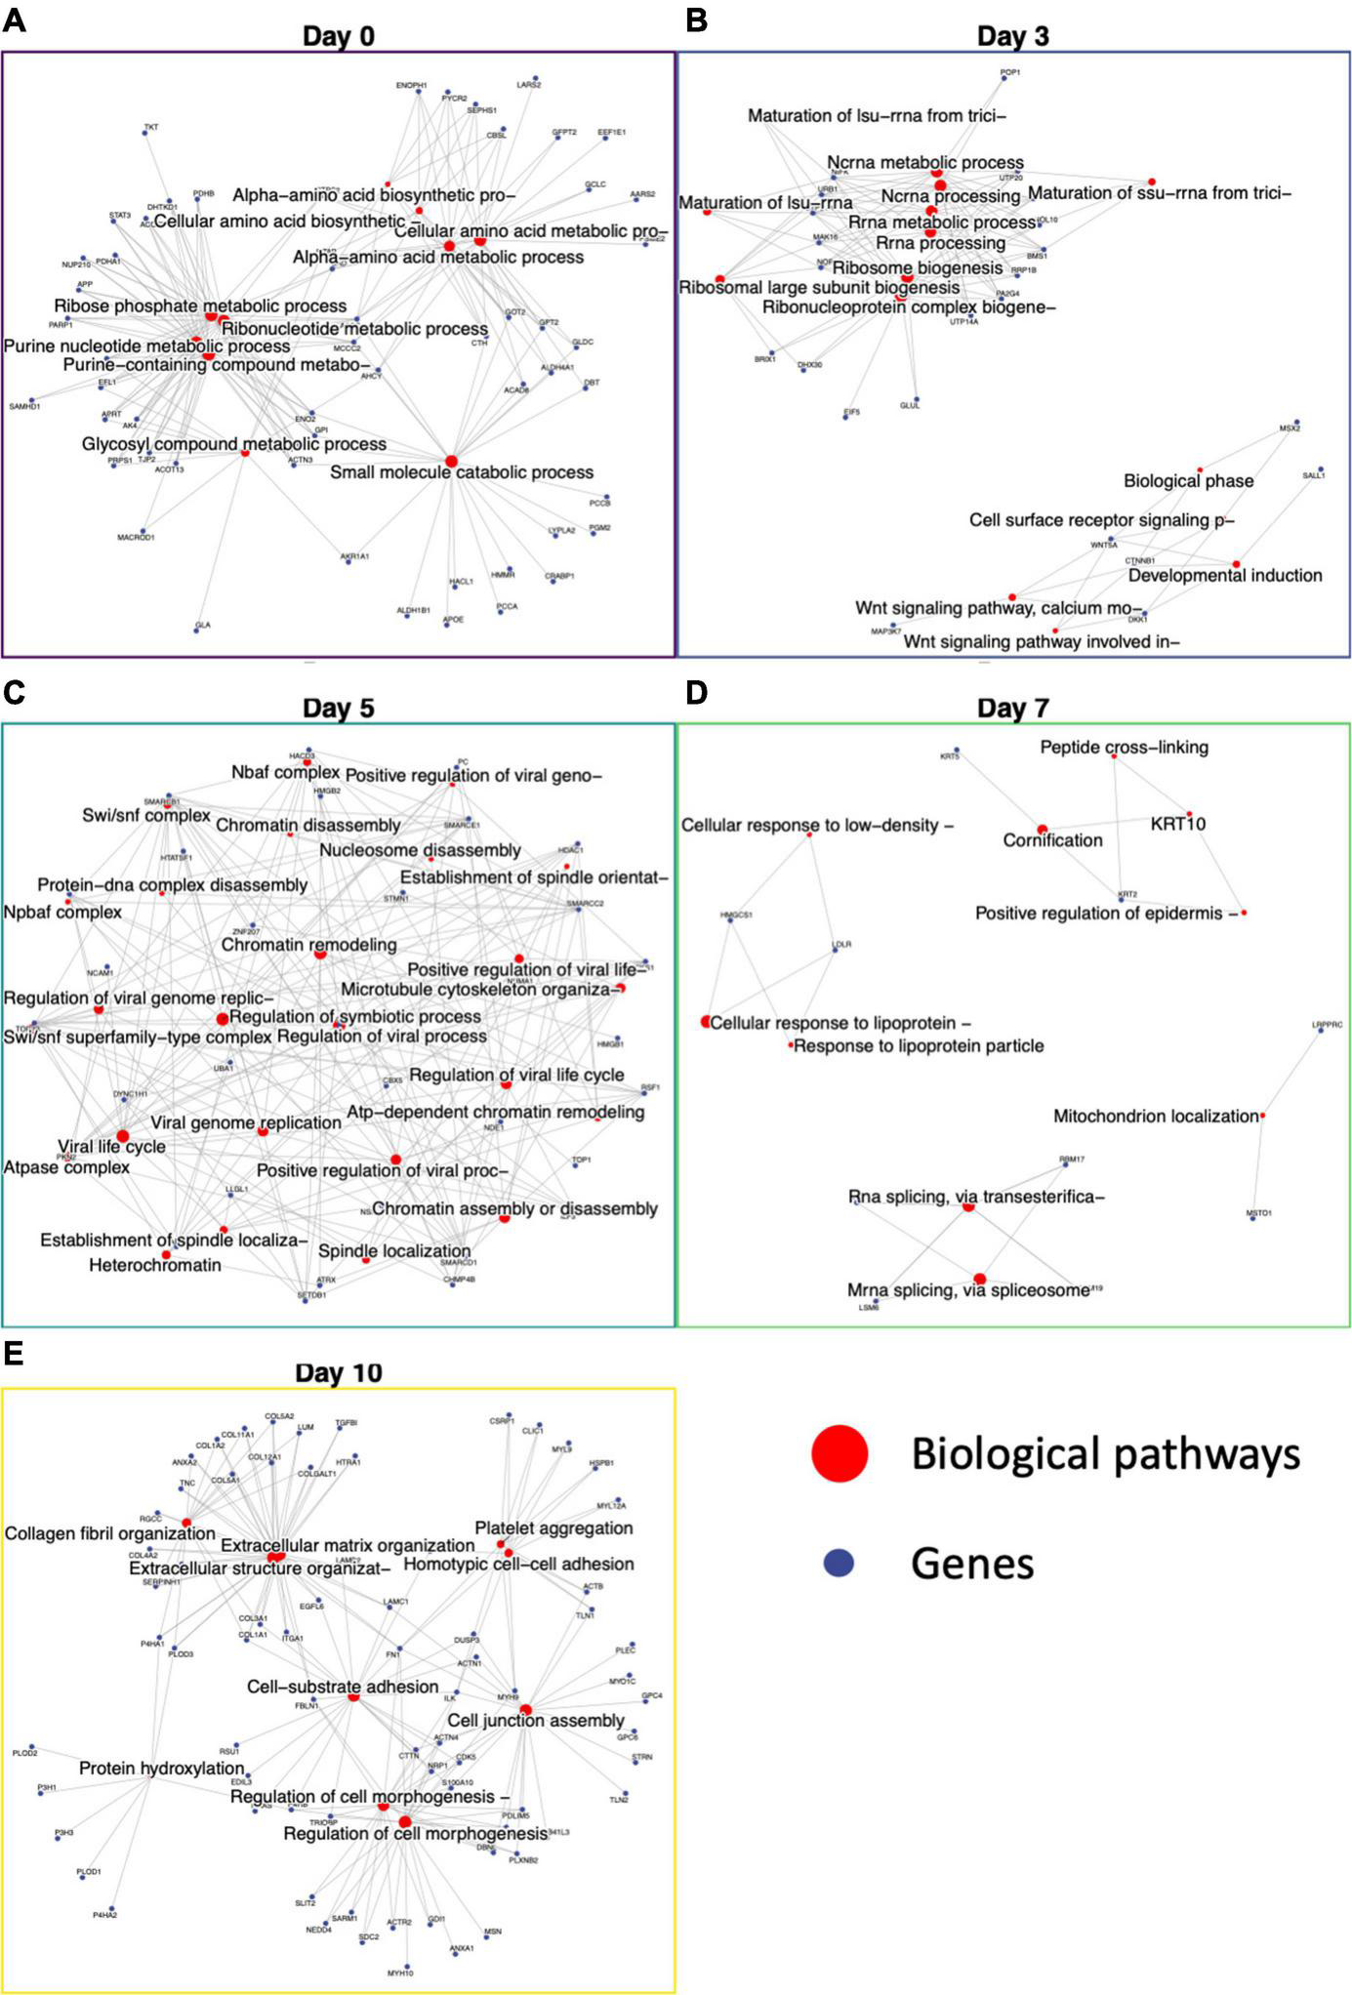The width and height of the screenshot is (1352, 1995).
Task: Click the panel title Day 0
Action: click(x=338, y=36)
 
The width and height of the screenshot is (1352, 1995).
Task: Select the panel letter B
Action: click(x=696, y=20)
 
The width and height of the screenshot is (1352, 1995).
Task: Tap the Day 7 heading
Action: click(x=1012, y=709)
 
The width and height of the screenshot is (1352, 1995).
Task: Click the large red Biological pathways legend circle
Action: click(x=840, y=1453)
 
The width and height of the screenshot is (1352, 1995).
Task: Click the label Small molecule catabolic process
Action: click(x=462, y=472)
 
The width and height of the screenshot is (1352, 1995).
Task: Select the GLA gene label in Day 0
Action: click(x=203, y=625)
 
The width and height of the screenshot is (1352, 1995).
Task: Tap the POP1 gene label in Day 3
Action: click(x=1010, y=72)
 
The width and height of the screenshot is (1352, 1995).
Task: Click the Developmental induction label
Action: click(x=1225, y=576)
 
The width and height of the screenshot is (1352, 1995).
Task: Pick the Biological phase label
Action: click(x=1188, y=481)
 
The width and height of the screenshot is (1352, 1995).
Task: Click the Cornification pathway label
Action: click(x=1052, y=840)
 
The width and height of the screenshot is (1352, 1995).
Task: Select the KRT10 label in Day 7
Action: click(x=1177, y=824)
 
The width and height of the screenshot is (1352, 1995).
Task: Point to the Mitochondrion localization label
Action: click(x=1156, y=1116)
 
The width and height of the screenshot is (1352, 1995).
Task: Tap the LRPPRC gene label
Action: click(x=1327, y=1025)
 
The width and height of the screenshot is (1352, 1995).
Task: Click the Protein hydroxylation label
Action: click(x=161, y=1769)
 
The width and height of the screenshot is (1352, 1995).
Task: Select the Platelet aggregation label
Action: click(x=553, y=1527)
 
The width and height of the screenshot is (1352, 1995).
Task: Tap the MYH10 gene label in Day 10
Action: click(x=400, y=1973)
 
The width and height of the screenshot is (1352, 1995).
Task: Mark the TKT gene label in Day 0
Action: click(x=151, y=127)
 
